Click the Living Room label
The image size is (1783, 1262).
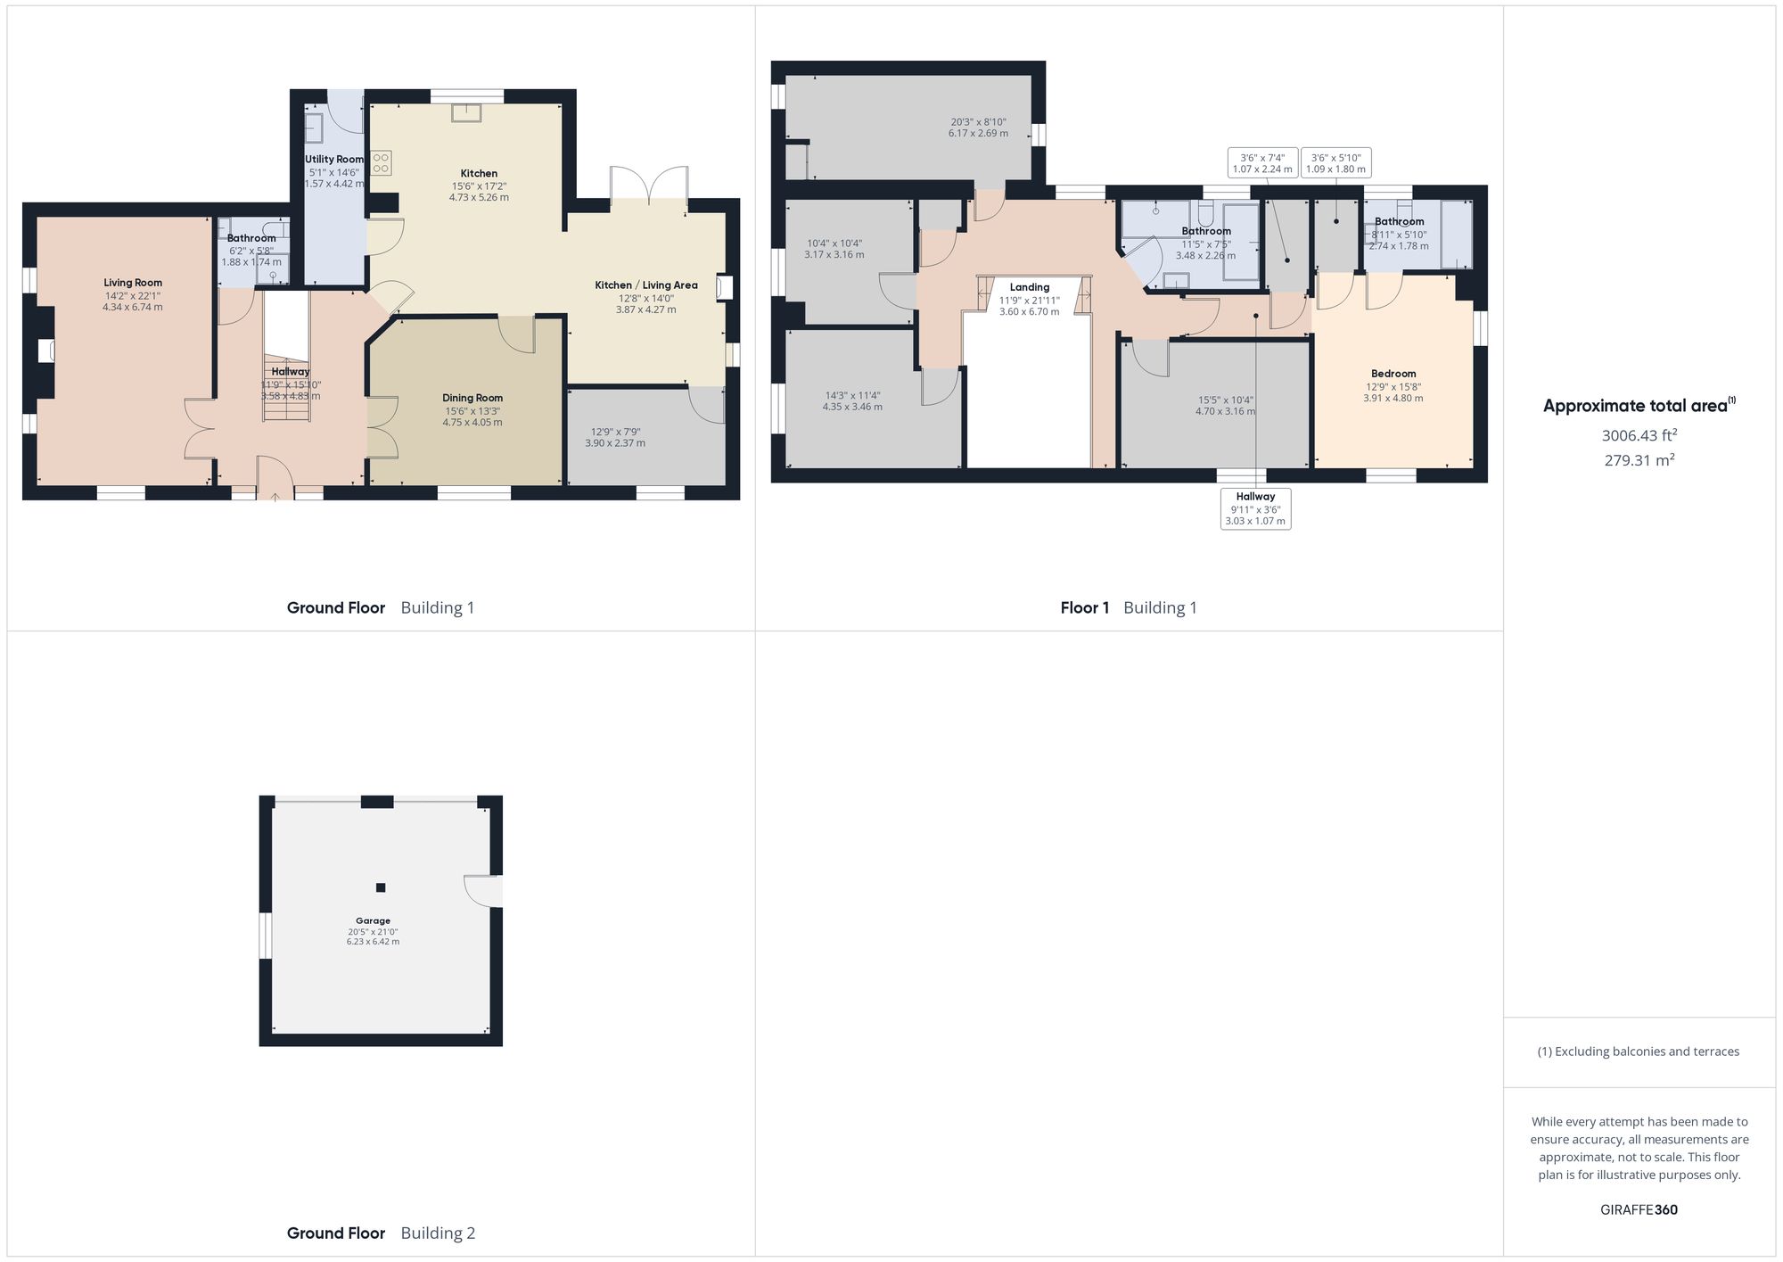click(133, 283)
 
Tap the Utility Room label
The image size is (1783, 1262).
click(334, 160)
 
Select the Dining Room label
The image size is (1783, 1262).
click(472, 398)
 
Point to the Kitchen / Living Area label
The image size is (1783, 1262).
click(646, 285)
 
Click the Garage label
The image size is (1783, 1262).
click(373, 920)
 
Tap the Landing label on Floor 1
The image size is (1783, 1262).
click(1030, 287)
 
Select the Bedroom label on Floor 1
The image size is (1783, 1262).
click(1393, 374)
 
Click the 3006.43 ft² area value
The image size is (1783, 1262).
click(1639, 435)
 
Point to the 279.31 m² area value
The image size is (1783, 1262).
click(1639, 460)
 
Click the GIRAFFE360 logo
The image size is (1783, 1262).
click(1639, 1209)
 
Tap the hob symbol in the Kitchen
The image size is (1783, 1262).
click(382, 162)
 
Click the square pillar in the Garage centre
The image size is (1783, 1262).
click(381, 887)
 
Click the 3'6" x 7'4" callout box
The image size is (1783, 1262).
click(1262, 163)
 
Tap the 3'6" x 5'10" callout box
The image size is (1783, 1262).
click(1335, 163)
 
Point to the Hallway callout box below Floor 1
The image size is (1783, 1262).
click(1255, 508)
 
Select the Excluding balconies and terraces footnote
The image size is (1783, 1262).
click(1639, 1052)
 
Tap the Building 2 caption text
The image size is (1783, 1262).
click(438, 1233)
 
